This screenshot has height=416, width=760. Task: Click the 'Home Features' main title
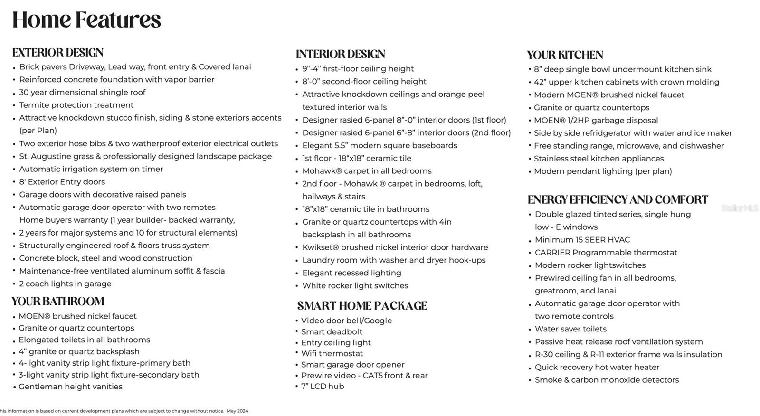pyautogui.click(x=86, y=20)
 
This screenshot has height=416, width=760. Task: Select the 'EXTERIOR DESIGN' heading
pyautogui.click(x=58, y=52)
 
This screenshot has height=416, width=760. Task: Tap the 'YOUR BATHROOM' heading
pyautogui.click(x=58, y=302)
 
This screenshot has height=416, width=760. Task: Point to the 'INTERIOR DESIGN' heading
pyautogui.click(x=341, y=54)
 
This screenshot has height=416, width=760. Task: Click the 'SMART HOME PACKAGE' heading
pyautogui.click(x=362, y=306)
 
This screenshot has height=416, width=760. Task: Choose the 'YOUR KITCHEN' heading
pyautogui.click(x=565, y=55)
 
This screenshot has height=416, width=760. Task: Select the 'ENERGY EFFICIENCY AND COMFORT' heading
pyautogui.click(x=617, y=200)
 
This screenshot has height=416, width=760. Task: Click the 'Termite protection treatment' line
pyautogui.click(x=76, y=105)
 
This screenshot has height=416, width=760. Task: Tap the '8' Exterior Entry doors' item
pyautogui.click(x=62, y=182)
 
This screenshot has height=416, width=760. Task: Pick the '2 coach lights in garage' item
pyautogui.click(x=65, y=284)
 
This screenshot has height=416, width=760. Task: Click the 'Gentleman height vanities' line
pyautogui.click(x=70, y=387)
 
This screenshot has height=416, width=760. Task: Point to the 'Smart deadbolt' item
pyautogui.click(x=332, y=332)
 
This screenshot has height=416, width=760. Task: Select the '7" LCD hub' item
pyautogui.click(x=323, y=387)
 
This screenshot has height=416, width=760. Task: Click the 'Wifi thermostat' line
pyautogui.click(x=332, y=354)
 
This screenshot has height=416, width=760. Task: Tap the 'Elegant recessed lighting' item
pyautogui.click(x=351, y=273)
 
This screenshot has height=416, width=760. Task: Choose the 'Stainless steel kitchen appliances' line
pyautogui.click(x=598, y=159)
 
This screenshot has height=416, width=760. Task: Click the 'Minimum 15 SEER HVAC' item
pyautogui.click(x=582, y=240)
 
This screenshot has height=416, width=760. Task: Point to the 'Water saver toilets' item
pyautogui.click(x=570, y=329)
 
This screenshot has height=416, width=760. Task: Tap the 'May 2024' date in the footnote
pyautogui.click(x=237, y=411)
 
